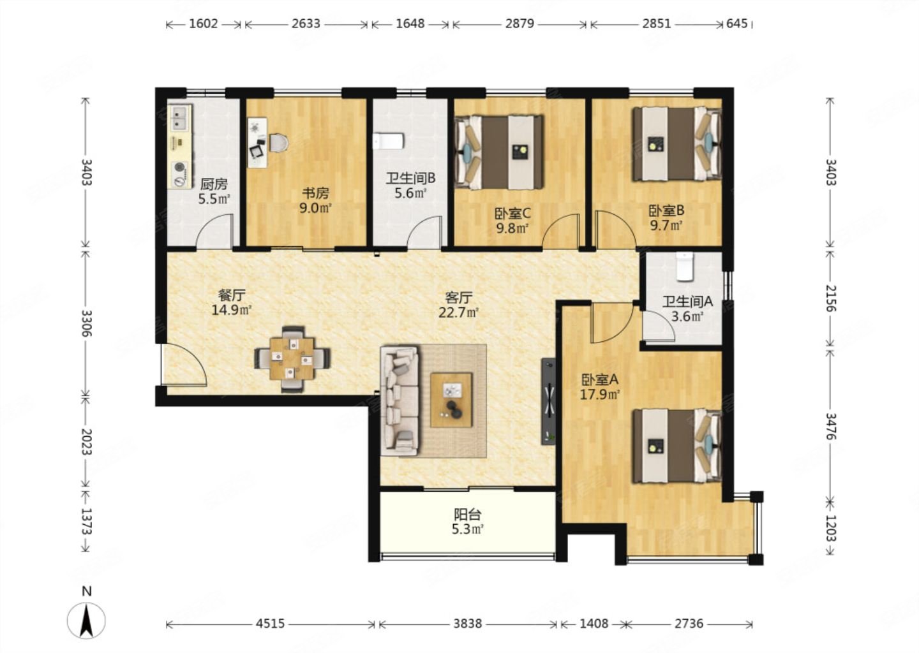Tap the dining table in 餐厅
tap(292, 358)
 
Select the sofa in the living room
tap(400, 401)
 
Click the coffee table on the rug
tap(451, 400)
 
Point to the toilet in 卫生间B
tap(388, 141)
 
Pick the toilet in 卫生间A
tap(684, 267)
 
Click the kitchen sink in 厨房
tap(179, 118)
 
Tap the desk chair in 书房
tap(278, 143)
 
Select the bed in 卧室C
tap(500, 152)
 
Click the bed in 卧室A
tap(677, 446)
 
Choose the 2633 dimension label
tap(306, 24)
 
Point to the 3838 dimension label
tap(467, 624)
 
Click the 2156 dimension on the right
tap(831, 298)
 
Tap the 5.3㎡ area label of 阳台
tap(467, 530)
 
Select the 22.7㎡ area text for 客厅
tap(459, 312)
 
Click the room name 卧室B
tap(666, 210)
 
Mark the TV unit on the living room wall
tap(549, 401)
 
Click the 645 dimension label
tap(737, 24)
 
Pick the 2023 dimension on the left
tap(86, 442)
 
